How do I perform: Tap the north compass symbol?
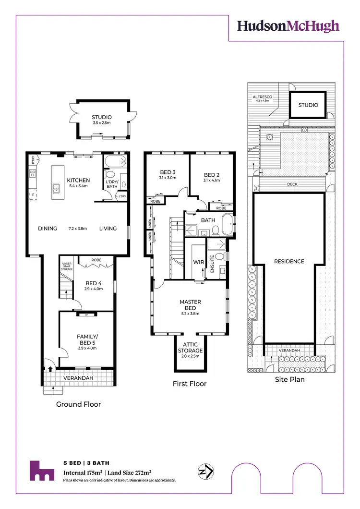[206, 472]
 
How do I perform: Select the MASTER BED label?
[190, 305]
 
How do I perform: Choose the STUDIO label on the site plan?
[308, 105]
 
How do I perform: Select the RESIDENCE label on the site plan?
[289, 262]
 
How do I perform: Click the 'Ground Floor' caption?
[79, 404]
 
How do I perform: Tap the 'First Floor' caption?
[190, 384]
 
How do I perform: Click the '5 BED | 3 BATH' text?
[86, 463]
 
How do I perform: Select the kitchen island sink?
[56, 188]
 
